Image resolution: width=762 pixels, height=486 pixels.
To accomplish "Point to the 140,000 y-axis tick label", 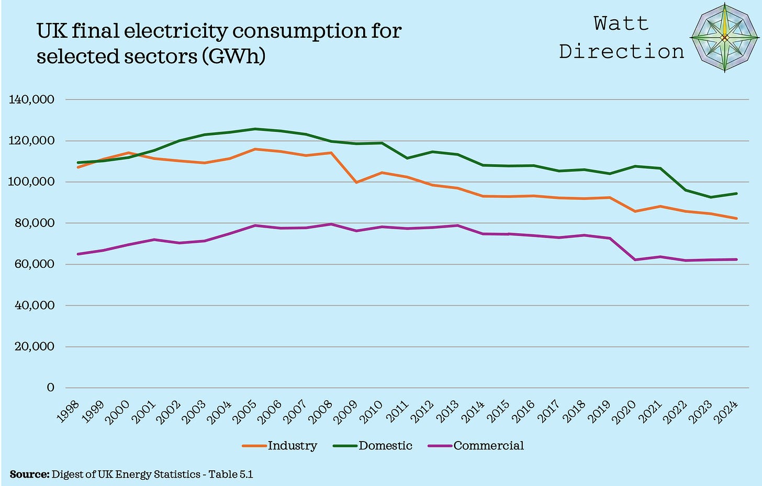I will (x=32, y=99).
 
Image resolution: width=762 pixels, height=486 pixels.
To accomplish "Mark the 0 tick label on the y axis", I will (x=50, y=388).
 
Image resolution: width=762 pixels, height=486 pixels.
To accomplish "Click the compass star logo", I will (x=724, y=37).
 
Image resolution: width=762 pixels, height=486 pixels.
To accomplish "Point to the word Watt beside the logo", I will (x=621, y=24).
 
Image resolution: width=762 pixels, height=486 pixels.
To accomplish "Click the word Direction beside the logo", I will (x=621, y=51).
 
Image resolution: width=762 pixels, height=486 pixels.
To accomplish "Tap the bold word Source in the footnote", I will (x=29, y=474).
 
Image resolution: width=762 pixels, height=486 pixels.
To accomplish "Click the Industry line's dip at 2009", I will (x=356, y=182).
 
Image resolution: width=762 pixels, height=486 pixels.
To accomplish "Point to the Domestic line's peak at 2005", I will (x=255, y=129).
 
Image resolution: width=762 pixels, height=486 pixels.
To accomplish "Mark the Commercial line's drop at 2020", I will (x=635, y=259).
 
